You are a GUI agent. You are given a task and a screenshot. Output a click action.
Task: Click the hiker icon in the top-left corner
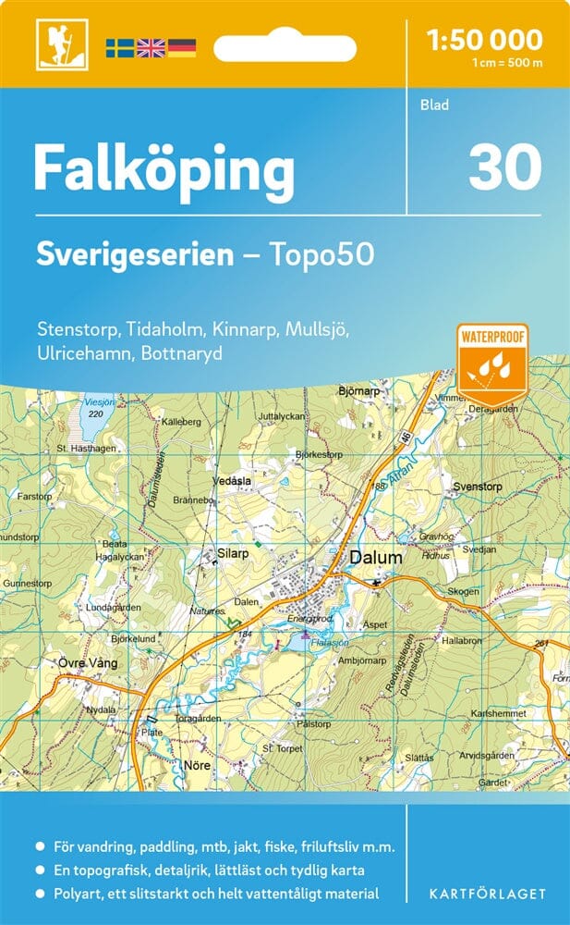[x=55, y=45]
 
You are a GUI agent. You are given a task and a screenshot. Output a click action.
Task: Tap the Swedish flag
[x=119, y=47]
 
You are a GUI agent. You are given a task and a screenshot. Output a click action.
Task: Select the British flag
[x=151, y=47]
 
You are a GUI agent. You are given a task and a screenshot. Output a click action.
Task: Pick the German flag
[x=182, y=47]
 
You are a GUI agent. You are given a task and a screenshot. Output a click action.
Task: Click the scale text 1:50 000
[x=485, y=40]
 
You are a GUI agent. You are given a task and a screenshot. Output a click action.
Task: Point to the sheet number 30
[x=504, y=167]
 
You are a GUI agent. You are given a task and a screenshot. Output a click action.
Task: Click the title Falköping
[x=164, y=169]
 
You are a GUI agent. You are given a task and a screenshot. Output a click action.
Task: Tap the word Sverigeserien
[x=135, y=254]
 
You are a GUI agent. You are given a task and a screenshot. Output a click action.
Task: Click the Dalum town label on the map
[x=376, y=558]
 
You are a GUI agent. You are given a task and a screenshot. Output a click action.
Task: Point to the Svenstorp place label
[x=477, y=486]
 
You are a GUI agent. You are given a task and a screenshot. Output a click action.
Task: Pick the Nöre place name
[x=199, y=765]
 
